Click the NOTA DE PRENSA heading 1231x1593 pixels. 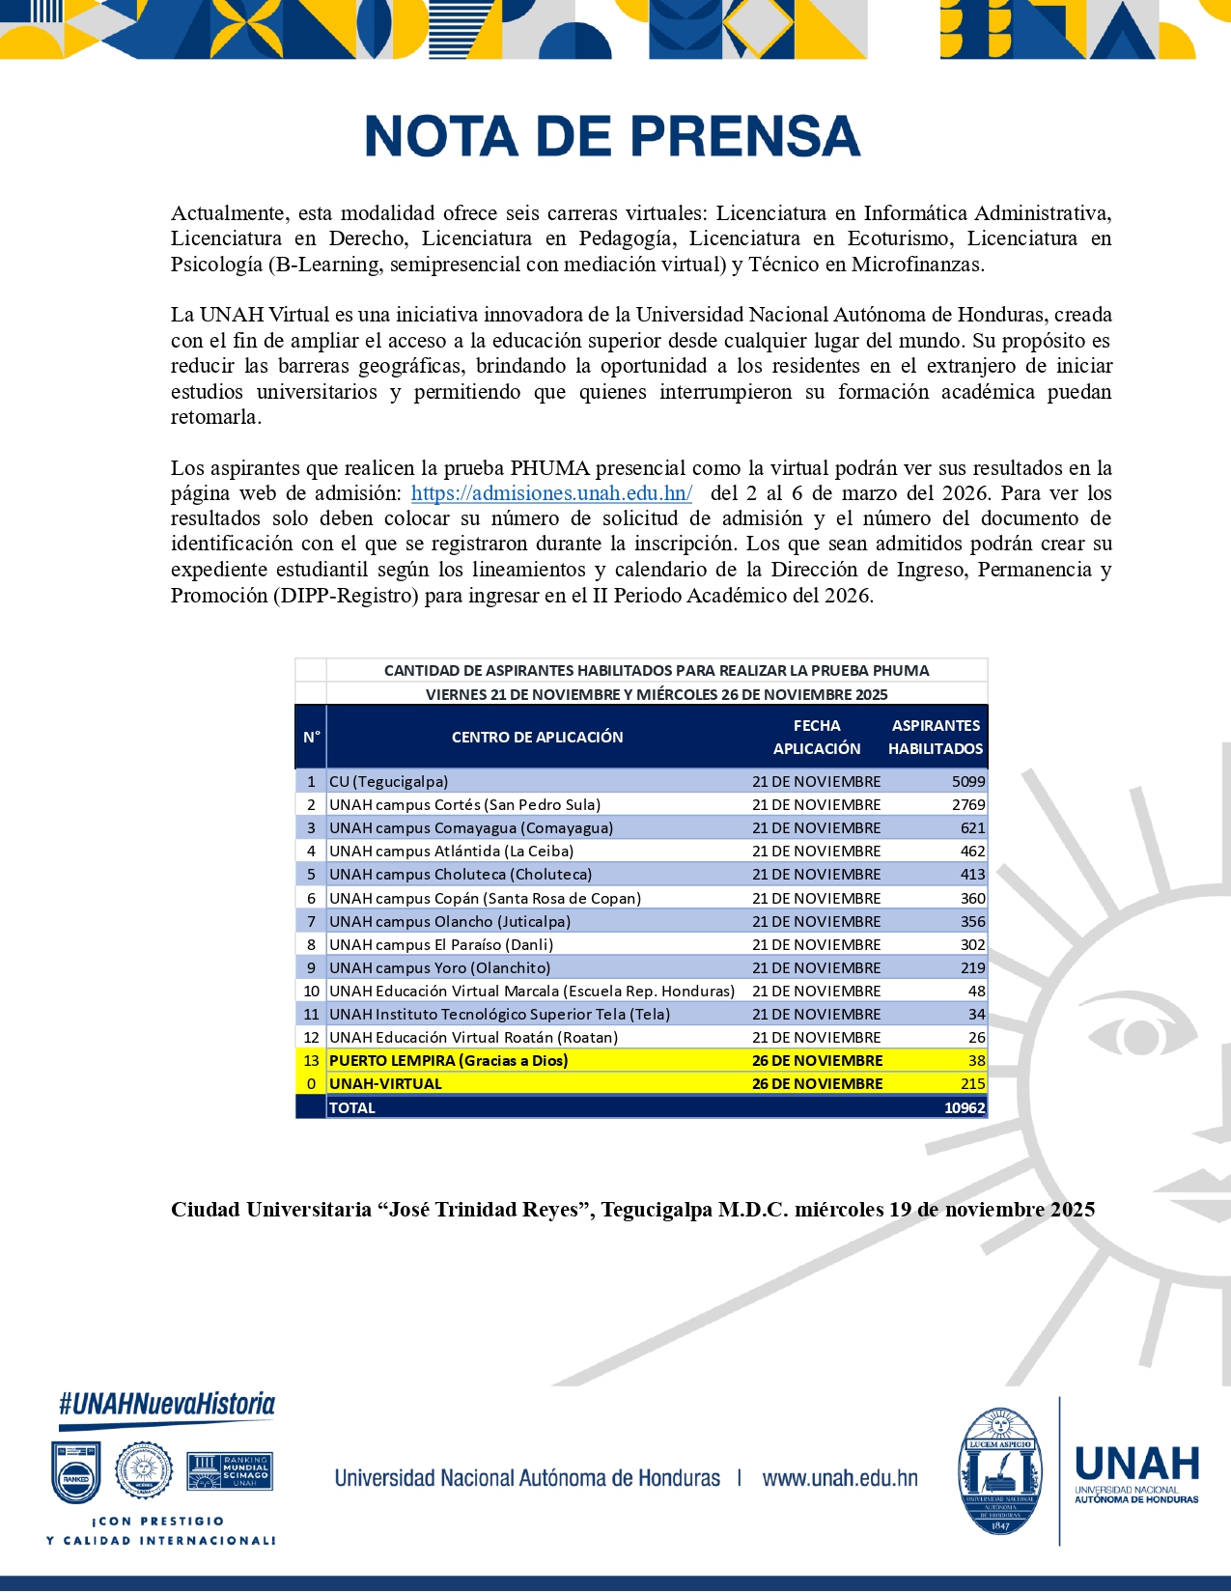pyautogui.click(x=612, y=136)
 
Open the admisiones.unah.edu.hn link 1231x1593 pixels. pyautogui.click(x=551, y=493)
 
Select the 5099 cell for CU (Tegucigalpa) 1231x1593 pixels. pyautogui.click(x=967, y=781)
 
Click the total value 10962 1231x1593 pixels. pyautogui.click(x=964, y=1107)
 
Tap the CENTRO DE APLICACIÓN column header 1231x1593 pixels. pyautogui.click(x=537, y=737)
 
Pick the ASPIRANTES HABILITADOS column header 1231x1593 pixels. pyautogui.click(x=935, y=737)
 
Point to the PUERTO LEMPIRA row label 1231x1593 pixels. pyautogui.click(x=448, y=1060)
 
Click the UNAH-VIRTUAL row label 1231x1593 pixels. pyautogui.click(x=385, y=1083)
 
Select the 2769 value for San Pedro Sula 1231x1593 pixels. pyautogui.click(x=967, y=804)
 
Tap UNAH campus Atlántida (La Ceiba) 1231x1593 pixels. pyautogui.click(x=451, y=851)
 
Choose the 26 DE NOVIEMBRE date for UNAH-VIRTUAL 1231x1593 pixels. pyautogui.click(x=817, y=1083)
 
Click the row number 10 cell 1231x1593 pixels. pyautogui.click(x=311, y=991)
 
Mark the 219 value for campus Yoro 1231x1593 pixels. pyautogui.click(x=972, y=967)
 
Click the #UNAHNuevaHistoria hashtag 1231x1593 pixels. pyautogui.click(x=167, y=1404)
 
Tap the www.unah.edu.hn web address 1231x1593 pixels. pyautogui.click(x=839, y=1478)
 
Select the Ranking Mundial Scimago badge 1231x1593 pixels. pyautogui.click(x=229, y=1470)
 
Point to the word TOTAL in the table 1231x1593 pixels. pyautogui.click(x=352, y=1107)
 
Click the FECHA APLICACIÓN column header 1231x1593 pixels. pyautogui.click(x=817, y=737)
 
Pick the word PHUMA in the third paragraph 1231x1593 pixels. pyautogui.click(x=549, y=468)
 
